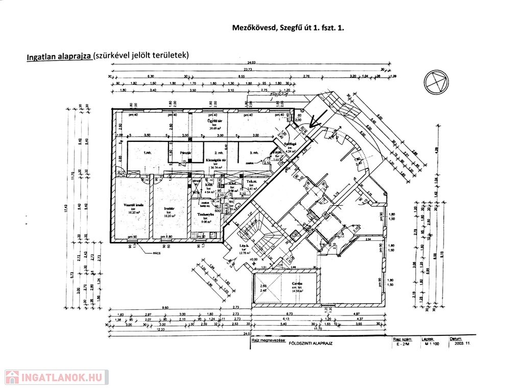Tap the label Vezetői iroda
click(x=126, y=206)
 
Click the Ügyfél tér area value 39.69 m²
click(x=213, y=128)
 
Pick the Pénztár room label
click(x=185, y=153)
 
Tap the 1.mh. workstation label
click(x=148, y=153)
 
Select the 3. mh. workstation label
click(x=254, y=153)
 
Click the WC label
click(x=231, y=202)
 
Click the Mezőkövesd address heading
click(x=288, y=29)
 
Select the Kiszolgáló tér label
click(x=216, y=160)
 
